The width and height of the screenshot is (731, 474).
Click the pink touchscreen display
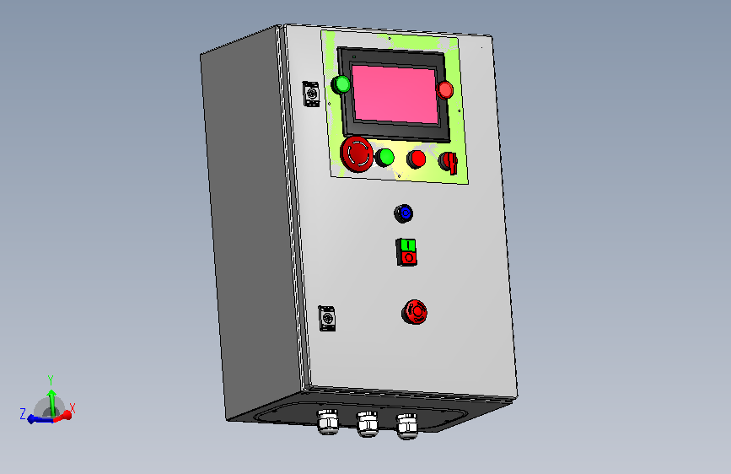coord(395,94)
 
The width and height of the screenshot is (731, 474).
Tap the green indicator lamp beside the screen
coord(341,84)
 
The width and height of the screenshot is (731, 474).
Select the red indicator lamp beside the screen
coord(444,89)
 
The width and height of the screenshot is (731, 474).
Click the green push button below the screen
coord(385,158)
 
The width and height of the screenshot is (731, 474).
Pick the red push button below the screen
coord(417,159)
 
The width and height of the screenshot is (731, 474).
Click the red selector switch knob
coord(449,162)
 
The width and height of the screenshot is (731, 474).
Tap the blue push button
coord(404,213)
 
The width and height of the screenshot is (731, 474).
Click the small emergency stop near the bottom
coord(415,312)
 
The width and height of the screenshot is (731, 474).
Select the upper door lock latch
coord(311,94)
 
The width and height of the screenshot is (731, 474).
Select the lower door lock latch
coord(327,319)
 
